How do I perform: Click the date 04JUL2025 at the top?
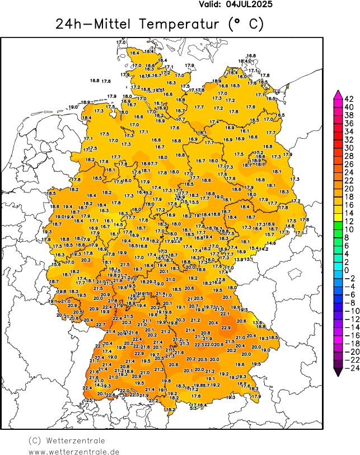coord(250,4)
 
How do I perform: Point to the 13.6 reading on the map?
coord(257,323)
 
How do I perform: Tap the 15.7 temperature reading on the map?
coord(269,235)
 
